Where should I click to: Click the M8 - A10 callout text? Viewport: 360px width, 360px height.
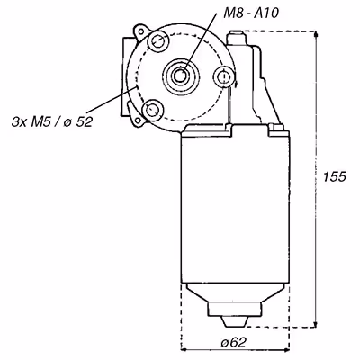251,13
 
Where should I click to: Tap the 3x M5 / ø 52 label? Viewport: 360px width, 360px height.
52,121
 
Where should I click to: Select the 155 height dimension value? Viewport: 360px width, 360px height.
335,176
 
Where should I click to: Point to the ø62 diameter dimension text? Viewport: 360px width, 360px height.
234,342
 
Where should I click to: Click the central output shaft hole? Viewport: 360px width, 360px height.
180,75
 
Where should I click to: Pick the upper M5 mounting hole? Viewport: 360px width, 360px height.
157,41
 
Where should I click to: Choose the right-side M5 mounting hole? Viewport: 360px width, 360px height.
223,76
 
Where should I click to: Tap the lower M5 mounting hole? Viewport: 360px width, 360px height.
153,109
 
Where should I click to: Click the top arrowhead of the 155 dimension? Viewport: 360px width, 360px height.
315,34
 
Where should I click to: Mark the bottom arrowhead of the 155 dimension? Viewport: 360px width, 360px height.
315,323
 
